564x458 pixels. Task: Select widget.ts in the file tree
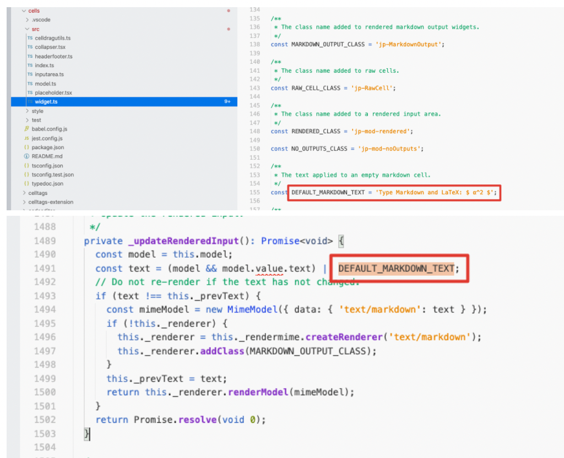point(46,102)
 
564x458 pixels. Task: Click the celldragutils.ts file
point(52,38)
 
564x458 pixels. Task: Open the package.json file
point(47,148)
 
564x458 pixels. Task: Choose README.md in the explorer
point(47,156)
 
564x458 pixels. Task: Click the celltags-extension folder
point(50,202)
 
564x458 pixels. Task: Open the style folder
point(37,111)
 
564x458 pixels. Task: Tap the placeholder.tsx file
point(53,92)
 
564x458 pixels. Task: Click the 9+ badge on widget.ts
point(227,102)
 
